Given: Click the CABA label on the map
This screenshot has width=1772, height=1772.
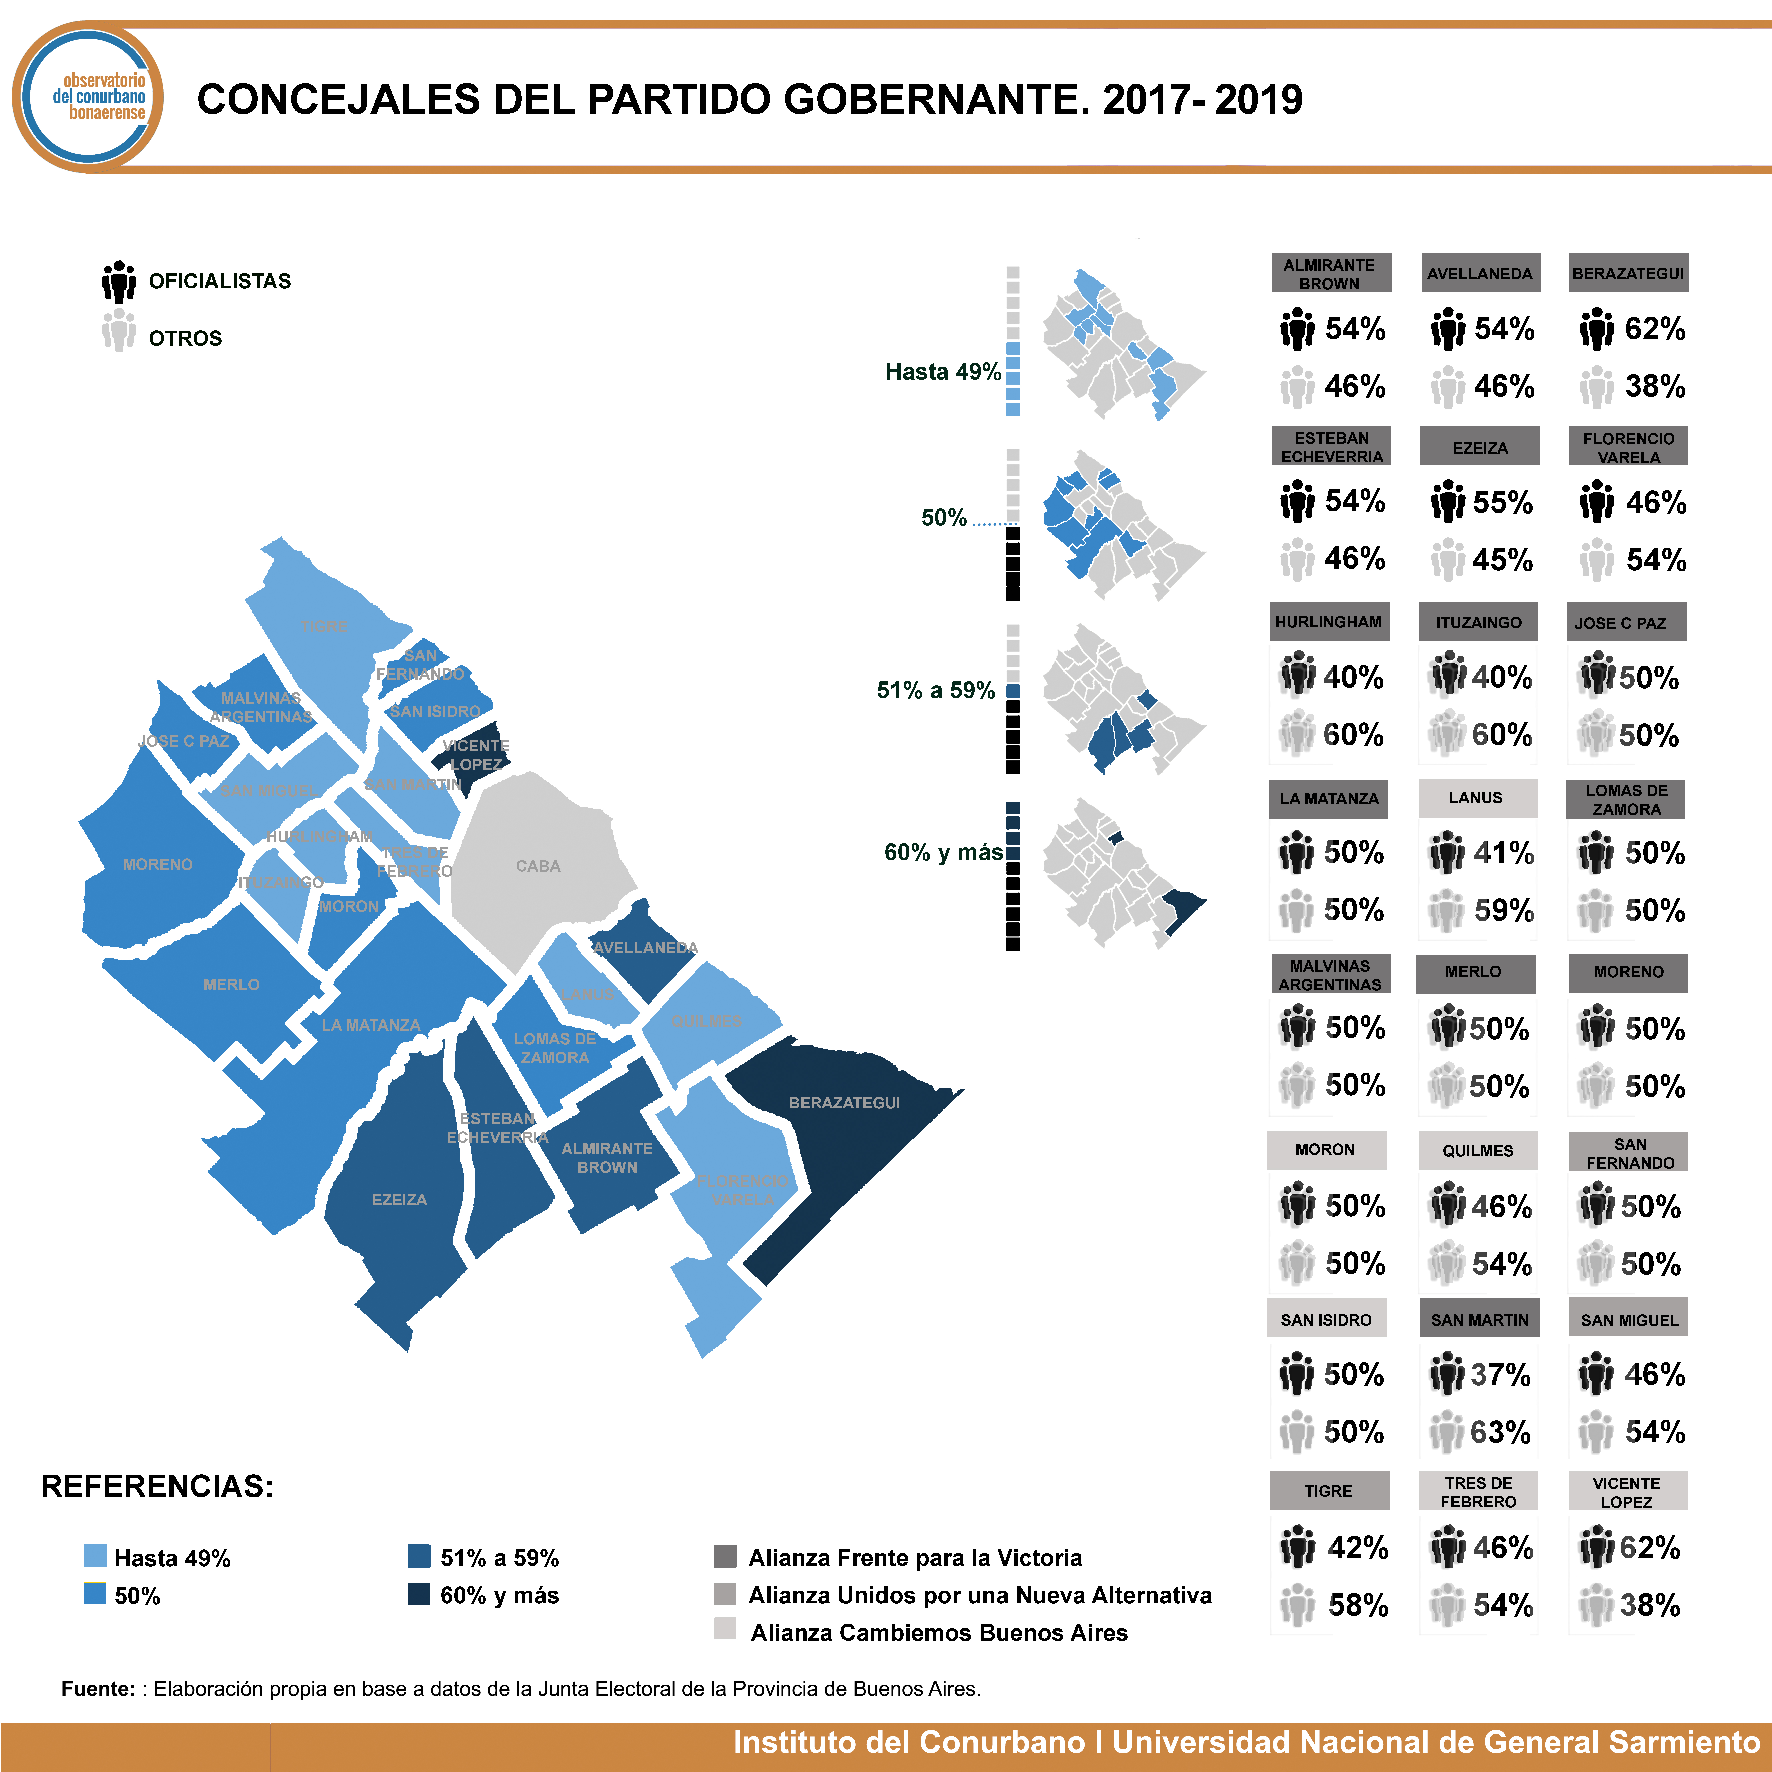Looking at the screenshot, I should pyautogui.click(x=538, y=866).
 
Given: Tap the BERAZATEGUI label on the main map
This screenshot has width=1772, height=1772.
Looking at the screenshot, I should pyautogui.click(x=844, y=1102).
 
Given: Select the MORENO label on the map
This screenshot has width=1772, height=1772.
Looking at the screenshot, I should pyautogui.click(x=158, y=864).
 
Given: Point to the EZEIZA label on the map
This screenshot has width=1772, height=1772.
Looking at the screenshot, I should pyautogui.click(x=399, y=1200).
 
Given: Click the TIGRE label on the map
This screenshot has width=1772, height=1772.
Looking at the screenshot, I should pyautogui.click(x=324, y=626).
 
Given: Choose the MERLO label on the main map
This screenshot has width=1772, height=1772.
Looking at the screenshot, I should pyautogui.click(x=231, y=984).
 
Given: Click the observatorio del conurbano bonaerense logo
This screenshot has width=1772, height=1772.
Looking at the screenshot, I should pyautogui.click(x=89, y=97).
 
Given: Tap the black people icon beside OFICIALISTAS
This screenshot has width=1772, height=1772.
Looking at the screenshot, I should pyautogui.click(x=119, y=282).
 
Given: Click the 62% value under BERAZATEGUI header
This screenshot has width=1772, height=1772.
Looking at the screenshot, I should pyautogui.click(x=1654, y=328).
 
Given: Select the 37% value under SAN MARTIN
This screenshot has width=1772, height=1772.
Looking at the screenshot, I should pyautogui.click(x=1500, y=1375).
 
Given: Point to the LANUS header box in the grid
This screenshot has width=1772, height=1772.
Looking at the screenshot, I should pyautogui.click(x=1477, y=798).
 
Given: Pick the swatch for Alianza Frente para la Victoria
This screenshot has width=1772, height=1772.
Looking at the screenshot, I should pyautogui.click(x=725, y=1556).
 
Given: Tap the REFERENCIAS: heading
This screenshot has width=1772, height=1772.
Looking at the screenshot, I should pyautogui.click(x=157, y=1486).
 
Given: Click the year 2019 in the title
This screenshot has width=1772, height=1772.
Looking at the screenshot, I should pyautogui.click(x=1258, y=99).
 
